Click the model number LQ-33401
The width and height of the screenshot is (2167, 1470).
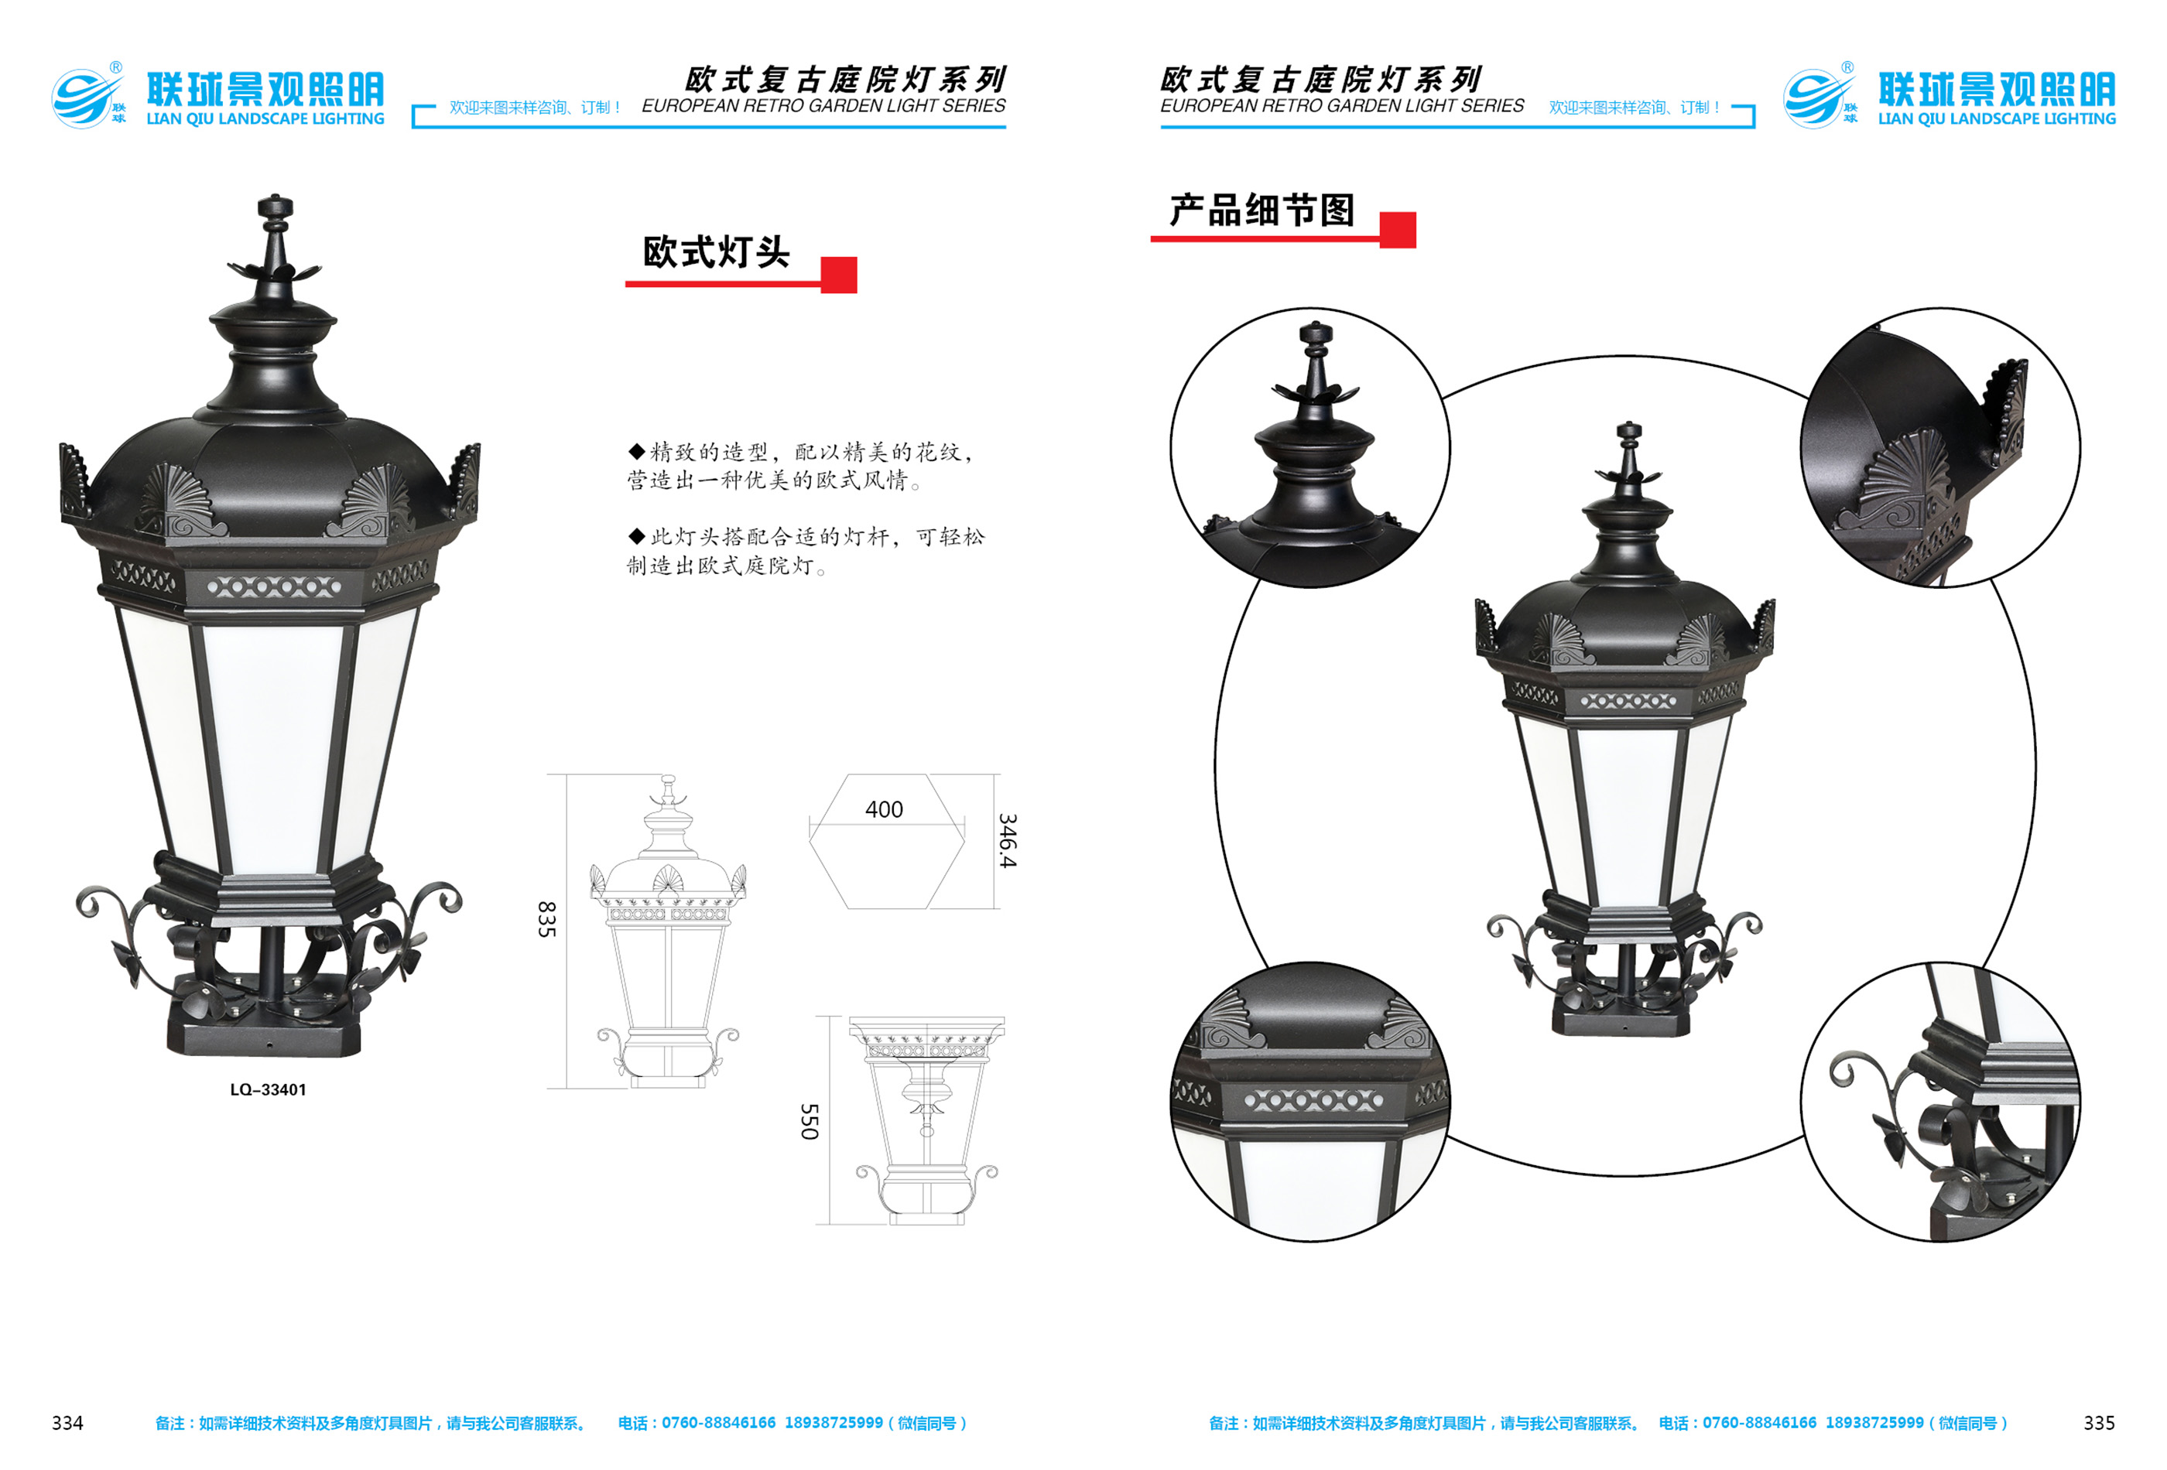[268, 1089]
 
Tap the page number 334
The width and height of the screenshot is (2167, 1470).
[67, 1423]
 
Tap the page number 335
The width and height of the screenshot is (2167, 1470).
[2099, 1423]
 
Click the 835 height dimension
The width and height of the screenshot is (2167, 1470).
[546, 919]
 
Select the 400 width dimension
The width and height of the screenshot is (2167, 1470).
[884, 809]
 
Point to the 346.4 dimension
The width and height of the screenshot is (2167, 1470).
[1007, 841]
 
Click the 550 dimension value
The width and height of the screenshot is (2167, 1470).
[810, 1121]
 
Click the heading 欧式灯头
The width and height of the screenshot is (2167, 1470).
[716, 251]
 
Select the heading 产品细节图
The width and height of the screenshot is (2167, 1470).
[1262, 210]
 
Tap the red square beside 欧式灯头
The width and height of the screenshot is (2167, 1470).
[838, 275]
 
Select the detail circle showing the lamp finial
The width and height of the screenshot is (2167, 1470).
[1310, 447]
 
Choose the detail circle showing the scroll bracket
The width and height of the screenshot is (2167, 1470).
[1940, 1102]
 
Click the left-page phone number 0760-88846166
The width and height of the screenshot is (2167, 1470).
[718, 1424]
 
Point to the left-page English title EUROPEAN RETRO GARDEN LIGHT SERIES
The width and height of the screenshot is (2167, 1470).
[823, 105]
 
